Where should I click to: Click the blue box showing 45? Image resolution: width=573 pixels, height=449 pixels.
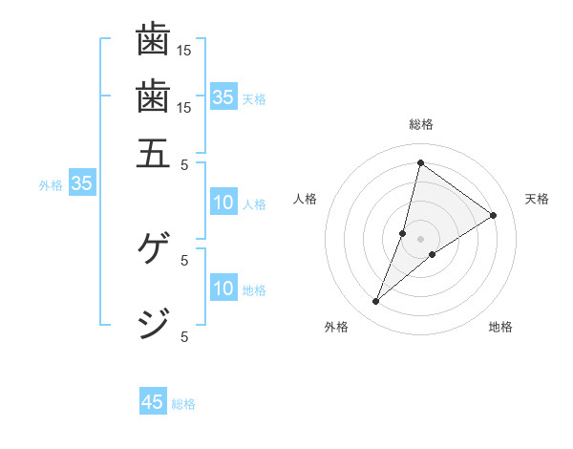coord(153,402)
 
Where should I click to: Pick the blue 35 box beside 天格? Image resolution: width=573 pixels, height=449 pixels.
coord(223,97)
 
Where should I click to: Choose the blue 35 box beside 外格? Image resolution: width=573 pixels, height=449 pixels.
coord(81,184)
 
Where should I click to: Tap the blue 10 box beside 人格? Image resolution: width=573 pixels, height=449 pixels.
coord(223,203)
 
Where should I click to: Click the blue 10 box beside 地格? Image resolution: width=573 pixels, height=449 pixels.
coord(223,289)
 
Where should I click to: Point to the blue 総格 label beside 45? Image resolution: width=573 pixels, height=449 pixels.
coord(184,404)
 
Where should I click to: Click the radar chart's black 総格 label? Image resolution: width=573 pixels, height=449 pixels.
coord(420,124)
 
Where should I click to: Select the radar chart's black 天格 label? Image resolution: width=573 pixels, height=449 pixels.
coord(537,199)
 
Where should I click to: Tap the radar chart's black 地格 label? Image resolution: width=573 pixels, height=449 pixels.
coord(500,328)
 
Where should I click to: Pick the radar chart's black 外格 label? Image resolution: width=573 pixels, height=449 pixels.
coord(336,328)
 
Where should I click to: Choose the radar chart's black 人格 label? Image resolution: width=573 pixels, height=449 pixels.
coord(305,199)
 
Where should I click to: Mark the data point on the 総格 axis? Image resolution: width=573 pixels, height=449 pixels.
coord(420,162)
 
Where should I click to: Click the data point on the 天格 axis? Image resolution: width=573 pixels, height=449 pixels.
coord(494,215)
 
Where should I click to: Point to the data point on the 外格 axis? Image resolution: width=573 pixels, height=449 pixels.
coord(376,302)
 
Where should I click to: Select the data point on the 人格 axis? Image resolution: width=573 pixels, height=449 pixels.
coord(403,233)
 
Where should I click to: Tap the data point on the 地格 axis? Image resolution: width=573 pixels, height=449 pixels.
coord(433,254)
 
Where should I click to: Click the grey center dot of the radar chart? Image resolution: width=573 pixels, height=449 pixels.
coord(420,239)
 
